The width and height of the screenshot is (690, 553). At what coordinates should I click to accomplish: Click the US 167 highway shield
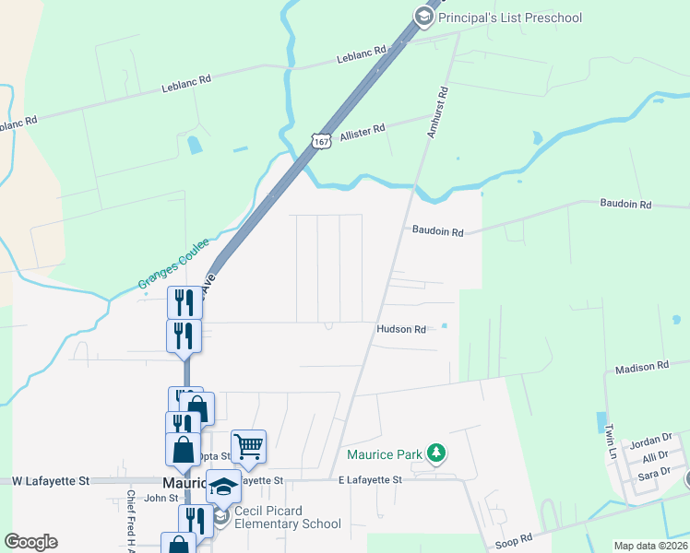320,141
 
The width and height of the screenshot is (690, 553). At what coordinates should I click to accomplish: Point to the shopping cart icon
248,446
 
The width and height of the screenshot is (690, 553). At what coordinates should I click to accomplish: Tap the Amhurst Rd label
436,112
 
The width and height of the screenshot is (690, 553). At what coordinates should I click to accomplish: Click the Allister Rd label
362,134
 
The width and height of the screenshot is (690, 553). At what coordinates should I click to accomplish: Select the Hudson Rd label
401,329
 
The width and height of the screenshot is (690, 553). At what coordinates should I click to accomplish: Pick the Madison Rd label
642,367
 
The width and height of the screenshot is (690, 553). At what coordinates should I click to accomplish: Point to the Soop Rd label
517,538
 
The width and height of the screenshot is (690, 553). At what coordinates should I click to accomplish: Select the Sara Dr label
653,476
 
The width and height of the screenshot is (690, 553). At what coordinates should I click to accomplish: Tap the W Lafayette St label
51,481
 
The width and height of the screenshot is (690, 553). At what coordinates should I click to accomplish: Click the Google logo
30,542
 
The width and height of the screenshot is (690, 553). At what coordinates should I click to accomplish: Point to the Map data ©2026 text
650,546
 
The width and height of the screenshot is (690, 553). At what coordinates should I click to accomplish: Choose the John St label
161,498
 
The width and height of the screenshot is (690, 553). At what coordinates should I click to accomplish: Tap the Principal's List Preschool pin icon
423,16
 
